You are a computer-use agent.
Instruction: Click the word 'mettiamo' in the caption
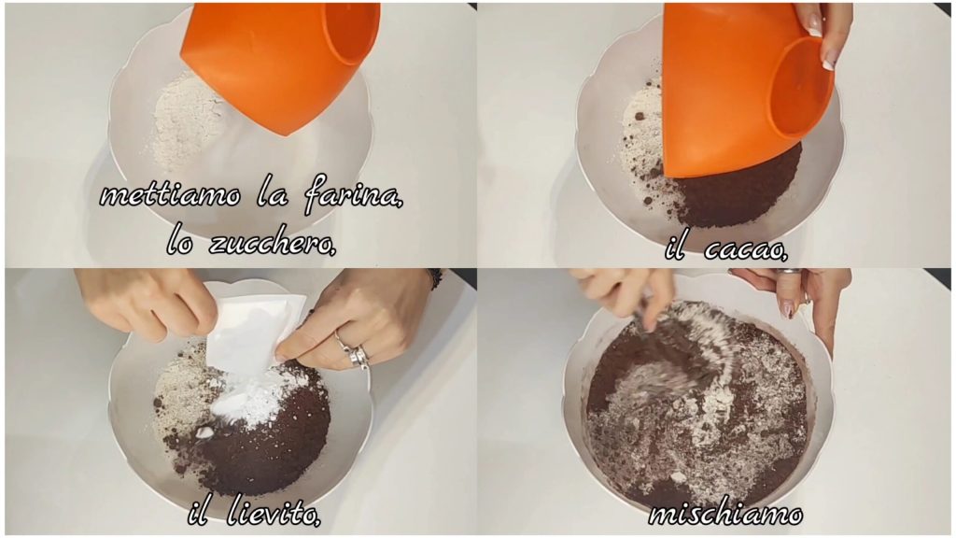pyautogui.click(x=170, y=196)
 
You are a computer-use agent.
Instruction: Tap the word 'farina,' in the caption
pyautogui.click(x=352, y=196)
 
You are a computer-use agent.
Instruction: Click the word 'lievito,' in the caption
pyautogui.click(x=272, y=514)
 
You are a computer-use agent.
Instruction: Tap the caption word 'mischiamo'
pyautogui.click(x=724, y=514)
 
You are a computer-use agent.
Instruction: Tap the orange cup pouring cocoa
pyautogui.click(x=747, y=85)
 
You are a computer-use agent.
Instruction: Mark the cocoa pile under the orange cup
pyautogui.click(x=735, y=189)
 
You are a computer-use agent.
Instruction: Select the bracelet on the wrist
pyautogui.click(x=434, y=278)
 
